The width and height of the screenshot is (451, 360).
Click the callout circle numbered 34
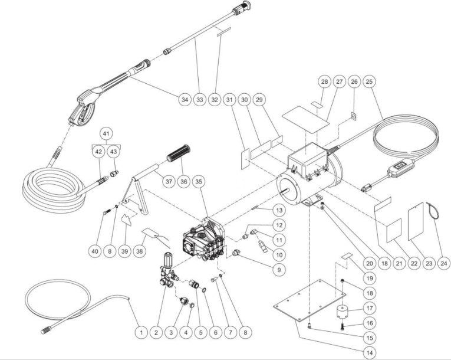click(x=185, y=100)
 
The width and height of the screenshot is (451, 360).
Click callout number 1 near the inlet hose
click(x=141, y=333)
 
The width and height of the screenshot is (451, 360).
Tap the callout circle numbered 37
click(x=169, y=182)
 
